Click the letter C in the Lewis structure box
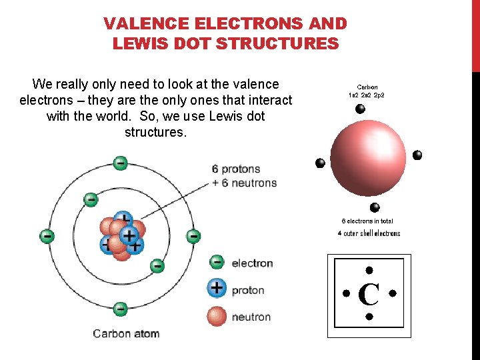(369, 294)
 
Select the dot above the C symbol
(369, 271)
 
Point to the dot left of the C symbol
(346, 293)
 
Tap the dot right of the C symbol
(392, 293)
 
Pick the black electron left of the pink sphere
(320, 163)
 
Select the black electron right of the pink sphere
(417, 155)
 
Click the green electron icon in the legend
(217, 263)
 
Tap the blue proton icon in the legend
(217, 289)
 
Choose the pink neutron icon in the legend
(217, 316)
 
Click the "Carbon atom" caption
(126, 333)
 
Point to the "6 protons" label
(236, 169)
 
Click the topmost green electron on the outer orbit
(120, 163)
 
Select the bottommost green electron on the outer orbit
(120, 309)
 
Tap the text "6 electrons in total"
(367, 221)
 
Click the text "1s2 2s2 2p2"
(366, 95)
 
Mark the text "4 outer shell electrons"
(369, 233)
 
